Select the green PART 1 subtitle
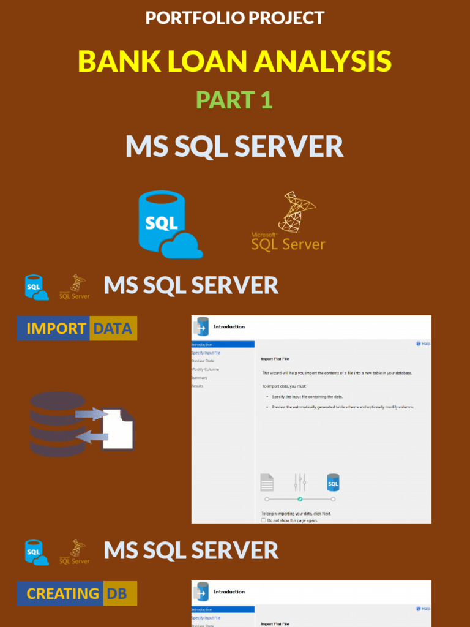point(234,100)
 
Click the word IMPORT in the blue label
point(56,329)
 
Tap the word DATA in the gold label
point(113,329)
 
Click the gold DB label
point(117,593)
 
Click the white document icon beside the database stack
point(118,429)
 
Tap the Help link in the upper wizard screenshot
point(423,344)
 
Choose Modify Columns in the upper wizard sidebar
point(206,369)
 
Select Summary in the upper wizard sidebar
point(200,378)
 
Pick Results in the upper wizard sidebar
point(198,386)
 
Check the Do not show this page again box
point(264,520)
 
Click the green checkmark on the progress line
point(300,499)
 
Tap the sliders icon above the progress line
point(299,482)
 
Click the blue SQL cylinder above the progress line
point(333,482)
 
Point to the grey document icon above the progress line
point(267,482)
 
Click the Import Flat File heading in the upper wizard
point(275,359)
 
